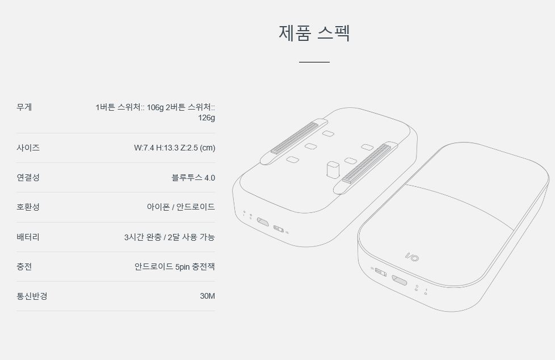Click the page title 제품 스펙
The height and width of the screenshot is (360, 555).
pyautogui.click(x=314, y=33)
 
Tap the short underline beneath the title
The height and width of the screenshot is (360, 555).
pyautogui.click(x=314, y=62)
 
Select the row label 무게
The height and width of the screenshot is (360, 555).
pyautogui.click(x=24, y=107)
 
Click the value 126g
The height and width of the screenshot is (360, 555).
pyautogui.click(x=207, y=118)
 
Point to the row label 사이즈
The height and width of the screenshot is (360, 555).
pyautogui.click(x=28, y=148)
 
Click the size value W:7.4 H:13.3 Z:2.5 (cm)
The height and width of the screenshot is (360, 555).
pyautogui.click(x=174, y=148)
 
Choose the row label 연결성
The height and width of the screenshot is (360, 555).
pyautogui.click(x=28, y=178)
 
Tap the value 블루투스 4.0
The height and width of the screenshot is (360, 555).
pyautogui.click(x=194, y=178)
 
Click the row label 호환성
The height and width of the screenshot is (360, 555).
pyautogui.click(x=28, y=207)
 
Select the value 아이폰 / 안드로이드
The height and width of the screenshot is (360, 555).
pyautogui.click(x=181, y=207)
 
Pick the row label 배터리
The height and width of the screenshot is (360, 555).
pyautogui.click(x=28, y=237)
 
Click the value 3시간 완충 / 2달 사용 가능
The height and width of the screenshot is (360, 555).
pyautogui.click(x=170, y=237)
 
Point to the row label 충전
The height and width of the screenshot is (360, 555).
pyautogui.click(x=24, y=266)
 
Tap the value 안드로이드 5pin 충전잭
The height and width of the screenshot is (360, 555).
pyautogui.click(x=175, y=266)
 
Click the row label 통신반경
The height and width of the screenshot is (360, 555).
pyautogui.click(x=32, y=296)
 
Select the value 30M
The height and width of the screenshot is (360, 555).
pyautogui.click(x=208, y=296)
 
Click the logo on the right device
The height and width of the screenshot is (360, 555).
pyautogui.click(x=412, y=257)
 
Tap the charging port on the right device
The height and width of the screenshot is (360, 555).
pyautogui.click(x=399, y=281)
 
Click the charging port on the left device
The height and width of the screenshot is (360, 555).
pyautogui.click(x=263, y=222)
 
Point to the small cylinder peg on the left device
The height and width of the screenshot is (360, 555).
pyautogui.click(x=333, y=170)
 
